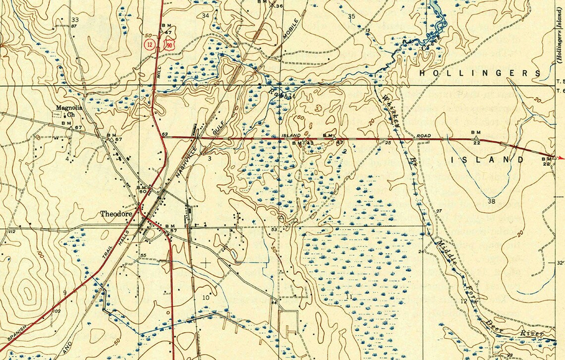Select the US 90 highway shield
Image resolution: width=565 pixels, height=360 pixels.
pos(170,45)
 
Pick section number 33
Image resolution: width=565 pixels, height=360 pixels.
pos(75,20)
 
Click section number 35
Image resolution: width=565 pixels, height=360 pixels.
pos(352,16)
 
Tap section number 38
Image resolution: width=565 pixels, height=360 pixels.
pos(491,201)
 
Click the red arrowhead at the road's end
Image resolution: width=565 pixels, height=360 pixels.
pos(561,158)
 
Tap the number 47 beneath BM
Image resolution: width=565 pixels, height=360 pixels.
pos(169,33)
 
